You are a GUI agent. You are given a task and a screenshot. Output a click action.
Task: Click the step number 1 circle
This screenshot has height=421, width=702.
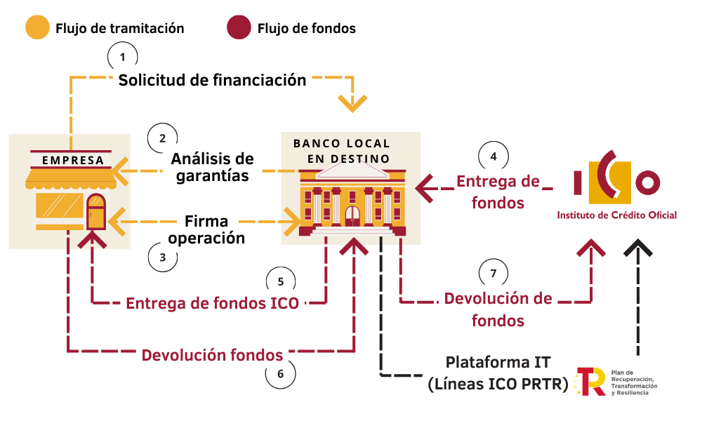click(x=124, y=55)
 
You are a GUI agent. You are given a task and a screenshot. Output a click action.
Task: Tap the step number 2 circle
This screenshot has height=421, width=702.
click(x=162, y=137)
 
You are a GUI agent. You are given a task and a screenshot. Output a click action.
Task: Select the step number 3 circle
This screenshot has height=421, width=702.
click(x=162, y=257)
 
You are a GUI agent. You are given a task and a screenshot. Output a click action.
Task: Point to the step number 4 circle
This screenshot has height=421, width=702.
click(x=494, y=156)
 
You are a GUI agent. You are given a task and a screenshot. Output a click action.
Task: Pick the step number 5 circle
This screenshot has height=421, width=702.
click(x=281, y=281)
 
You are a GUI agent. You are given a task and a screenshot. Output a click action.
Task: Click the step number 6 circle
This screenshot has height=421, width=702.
click(x=281, y=373)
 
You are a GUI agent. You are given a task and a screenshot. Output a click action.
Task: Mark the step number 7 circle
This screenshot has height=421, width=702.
click(x=494, y=272)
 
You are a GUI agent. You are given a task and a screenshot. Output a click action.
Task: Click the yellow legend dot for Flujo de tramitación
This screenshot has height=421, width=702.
click(x=37, y=29)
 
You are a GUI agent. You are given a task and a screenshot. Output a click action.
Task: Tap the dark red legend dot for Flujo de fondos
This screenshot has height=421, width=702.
click(x=239, y=29)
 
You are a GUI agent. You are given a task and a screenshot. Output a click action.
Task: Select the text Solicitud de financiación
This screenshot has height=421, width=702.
click(x=212, y=80)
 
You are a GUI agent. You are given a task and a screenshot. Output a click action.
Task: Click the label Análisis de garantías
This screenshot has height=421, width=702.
click(x=212, y=167)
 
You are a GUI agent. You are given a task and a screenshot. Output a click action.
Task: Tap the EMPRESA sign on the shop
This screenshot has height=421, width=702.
click(x=73, y=160)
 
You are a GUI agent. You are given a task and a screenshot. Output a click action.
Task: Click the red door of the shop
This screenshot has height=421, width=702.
click(x=95, y=213)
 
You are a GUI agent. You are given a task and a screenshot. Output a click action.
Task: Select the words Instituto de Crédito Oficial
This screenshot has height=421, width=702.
click(x=617, y=215)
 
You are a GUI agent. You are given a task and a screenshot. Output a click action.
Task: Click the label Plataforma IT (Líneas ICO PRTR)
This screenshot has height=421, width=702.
click(x=498, y=373)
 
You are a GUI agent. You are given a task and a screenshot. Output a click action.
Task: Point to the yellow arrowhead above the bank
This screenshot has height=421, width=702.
click(x=353, y=103)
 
